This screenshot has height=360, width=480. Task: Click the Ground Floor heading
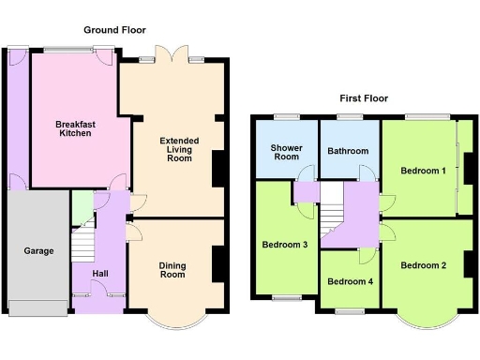(x=115, y=31)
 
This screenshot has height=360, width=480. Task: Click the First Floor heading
(x=364, y=98)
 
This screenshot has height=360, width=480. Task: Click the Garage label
(x=38, y=251)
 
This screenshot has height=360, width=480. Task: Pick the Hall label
(x=100, y=273)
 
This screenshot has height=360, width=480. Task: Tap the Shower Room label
(x=285, y=153)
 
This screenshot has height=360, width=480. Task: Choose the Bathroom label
(x=348, y=151)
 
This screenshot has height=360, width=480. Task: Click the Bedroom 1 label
(x=423, y=172)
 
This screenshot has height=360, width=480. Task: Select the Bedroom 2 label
(x=423, y=265)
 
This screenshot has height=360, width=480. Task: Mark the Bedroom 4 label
(x=349, y=282)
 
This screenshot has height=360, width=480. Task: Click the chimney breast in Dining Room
(x=218, y=262)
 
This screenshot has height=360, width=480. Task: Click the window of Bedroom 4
(x=350, y=308)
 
